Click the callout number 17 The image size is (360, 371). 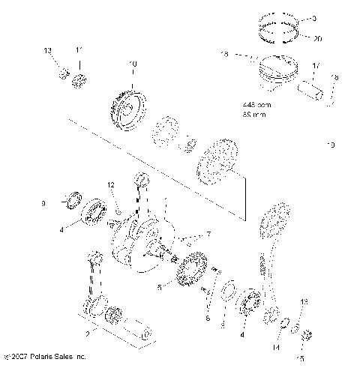[315, 66]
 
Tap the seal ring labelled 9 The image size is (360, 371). [73, 200]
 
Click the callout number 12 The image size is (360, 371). [110, 184]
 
